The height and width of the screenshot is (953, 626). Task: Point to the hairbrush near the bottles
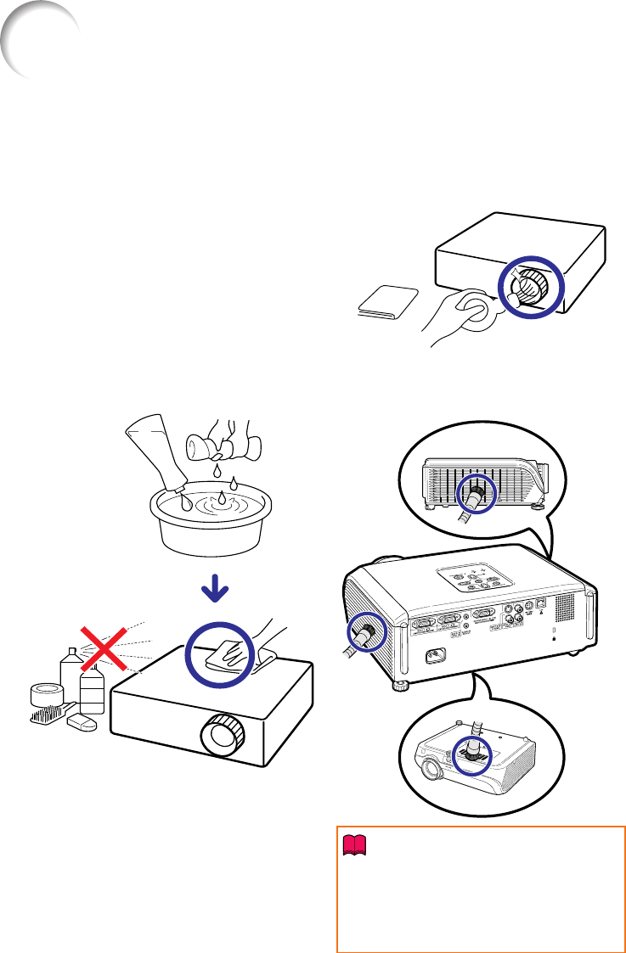49,718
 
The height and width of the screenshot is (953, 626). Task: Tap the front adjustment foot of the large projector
397,685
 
